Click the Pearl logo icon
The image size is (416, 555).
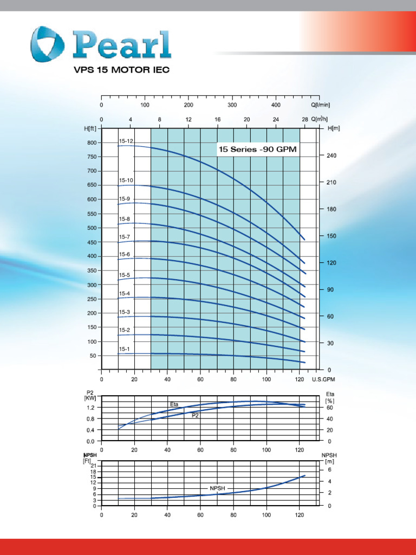point(48,44)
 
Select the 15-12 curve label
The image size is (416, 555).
point(126,141)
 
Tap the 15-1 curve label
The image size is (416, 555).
point(125,349)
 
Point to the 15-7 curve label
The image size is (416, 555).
point(125,237)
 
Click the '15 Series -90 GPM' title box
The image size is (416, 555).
point(258,149)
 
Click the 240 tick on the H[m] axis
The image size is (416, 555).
point(331,156)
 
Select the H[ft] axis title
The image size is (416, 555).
point(90,128)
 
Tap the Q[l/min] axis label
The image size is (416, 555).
point(321,105)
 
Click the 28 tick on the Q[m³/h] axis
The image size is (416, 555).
point(305,119)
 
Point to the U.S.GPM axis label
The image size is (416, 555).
point(324,379)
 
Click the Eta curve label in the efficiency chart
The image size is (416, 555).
point(174,404)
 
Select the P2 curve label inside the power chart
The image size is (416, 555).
point(195,416)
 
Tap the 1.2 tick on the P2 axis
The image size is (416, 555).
point(91,408)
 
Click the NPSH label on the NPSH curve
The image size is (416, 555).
point(217,488)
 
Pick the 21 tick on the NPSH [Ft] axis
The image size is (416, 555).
point(94,466)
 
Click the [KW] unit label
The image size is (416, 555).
point(90,398)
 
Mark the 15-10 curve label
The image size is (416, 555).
point(126,180)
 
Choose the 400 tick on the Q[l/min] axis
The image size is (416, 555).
point(276,105)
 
